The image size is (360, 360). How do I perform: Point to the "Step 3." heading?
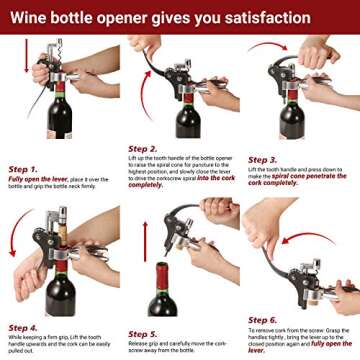coord(263,159)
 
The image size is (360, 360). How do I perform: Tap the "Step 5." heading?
coord(143,333)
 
